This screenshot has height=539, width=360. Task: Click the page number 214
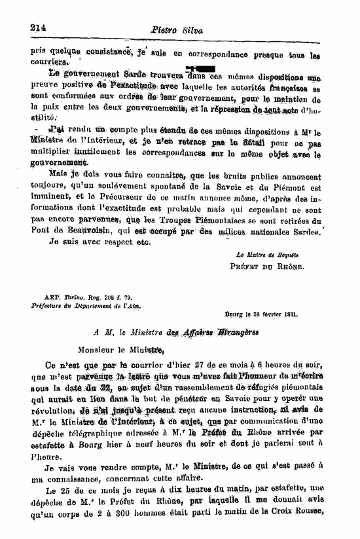(x=40, y=27)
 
